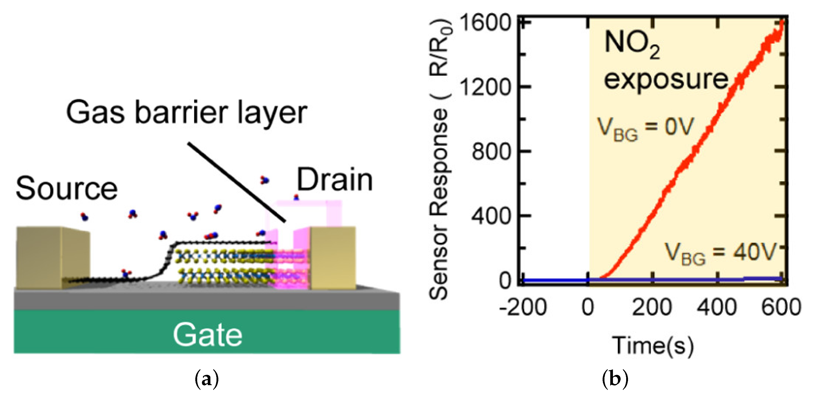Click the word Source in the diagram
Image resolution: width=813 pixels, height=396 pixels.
[67, 188]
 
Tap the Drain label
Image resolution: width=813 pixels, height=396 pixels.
[335, 180]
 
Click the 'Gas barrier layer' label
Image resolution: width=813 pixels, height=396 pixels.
[187, 113]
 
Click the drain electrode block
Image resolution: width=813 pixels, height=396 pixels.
[333, 257]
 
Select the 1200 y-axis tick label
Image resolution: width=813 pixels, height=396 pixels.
[485, 87]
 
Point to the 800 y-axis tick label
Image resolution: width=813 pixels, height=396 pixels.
[491, 152]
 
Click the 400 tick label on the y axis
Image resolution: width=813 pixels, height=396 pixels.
[491, 216]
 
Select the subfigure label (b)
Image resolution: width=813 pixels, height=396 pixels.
[615, 379]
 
